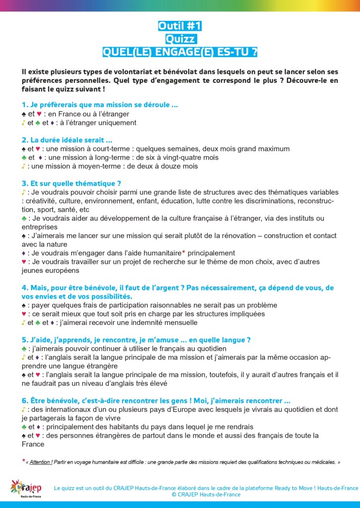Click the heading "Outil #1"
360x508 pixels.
pos(180,26)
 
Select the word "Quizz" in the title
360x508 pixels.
pos(180,39)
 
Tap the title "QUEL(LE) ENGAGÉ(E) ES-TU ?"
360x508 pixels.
pos(180,52)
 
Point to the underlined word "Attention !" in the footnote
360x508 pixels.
pos(41,461)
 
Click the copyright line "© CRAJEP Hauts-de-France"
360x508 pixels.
pos(206,495)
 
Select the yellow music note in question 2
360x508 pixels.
pos(23,166)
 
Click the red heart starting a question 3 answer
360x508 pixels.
pos(24,261)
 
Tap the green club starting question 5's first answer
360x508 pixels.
pos(24,349)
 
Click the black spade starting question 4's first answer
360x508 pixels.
pos(24,305)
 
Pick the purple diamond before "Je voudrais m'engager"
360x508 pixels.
pos(24,253)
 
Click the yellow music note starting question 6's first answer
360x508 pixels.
pos(23,410)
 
